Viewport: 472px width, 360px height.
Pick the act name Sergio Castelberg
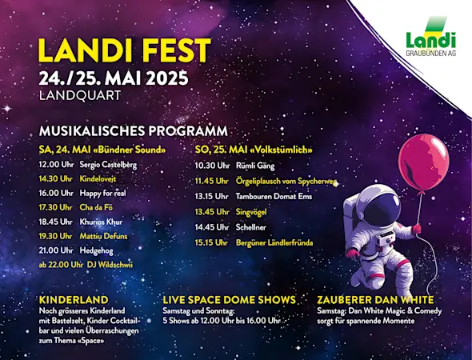click(108, 164)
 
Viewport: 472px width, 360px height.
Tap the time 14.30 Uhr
click(55, 178)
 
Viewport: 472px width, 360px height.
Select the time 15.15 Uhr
click(212, 242)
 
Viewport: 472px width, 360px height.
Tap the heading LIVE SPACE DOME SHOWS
click(229, 299)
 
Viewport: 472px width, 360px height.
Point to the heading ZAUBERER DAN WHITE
click(374, 299)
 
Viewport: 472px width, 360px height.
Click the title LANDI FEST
click(124, 50)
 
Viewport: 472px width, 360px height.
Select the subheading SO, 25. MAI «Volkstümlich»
click(254, 149)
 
